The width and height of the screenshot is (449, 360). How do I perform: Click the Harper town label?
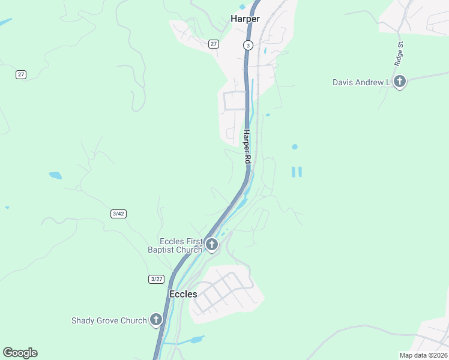click(x=245, y=19)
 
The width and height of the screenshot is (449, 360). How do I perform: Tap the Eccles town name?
click(x=183, y=294)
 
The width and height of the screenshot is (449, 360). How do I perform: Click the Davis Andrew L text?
click(x=361, y=82)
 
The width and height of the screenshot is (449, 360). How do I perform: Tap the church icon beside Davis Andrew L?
click(x=400, y=82)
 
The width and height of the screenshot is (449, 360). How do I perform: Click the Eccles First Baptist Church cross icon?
click(x=211, y=244)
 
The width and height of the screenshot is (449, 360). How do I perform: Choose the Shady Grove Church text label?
click(x=109, y=320)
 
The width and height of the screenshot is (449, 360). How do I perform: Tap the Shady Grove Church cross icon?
click(x=156, y=320)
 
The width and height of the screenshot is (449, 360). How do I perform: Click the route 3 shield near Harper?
click(x=247, y=45)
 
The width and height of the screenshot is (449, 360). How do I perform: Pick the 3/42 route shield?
click(x=118, y=214)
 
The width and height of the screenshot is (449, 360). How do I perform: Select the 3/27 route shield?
click(x=156, y=279)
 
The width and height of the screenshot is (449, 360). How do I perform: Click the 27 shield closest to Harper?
click(x=214, y=44)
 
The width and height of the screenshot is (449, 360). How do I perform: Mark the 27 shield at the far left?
click(x=21, y=74)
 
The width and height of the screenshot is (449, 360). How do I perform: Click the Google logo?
click(x=20, y=353)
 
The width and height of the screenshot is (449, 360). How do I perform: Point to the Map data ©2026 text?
click(x=423, y=355)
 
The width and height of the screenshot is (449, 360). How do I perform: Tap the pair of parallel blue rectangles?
click(x=297, y=172)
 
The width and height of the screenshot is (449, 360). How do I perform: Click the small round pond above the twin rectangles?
click(x=294, y=146)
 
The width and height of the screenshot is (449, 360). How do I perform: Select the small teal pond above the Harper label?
click(x=242, y=7)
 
